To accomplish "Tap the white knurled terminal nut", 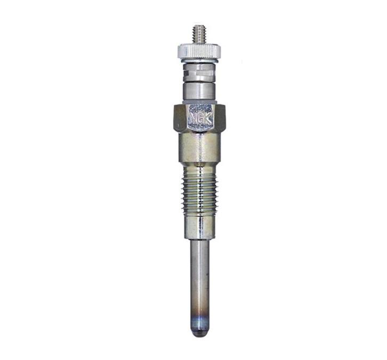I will click(x=199, y=51).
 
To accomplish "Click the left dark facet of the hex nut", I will click(x=179, y=118).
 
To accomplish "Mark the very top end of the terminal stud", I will click(x=199, y=25).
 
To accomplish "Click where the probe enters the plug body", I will click(x=199, y=240).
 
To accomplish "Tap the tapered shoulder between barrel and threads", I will click(x=199, y=166).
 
